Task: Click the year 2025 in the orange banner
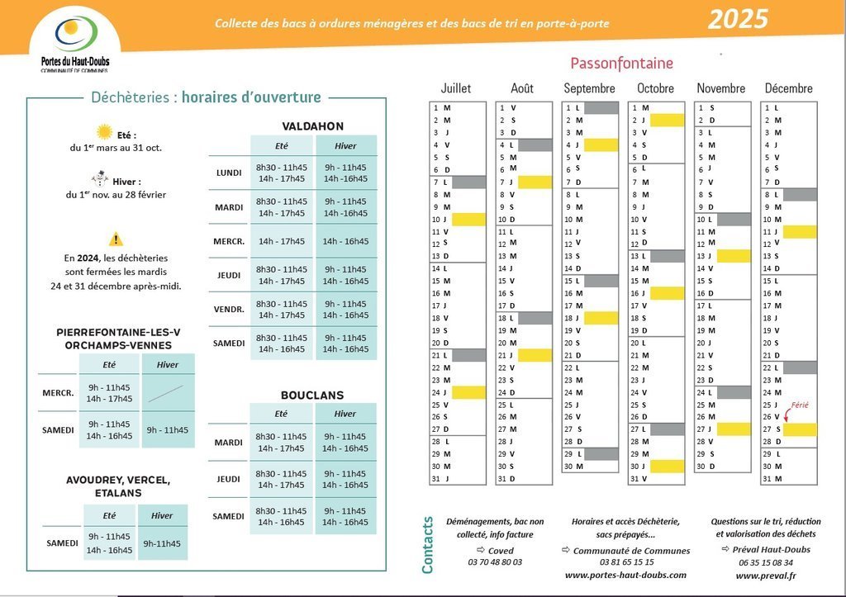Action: (x=738, y=19)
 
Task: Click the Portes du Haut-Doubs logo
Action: (x=75, y=40)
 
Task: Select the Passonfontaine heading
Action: (x=621, y=64)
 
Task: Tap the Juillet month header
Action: (x=455, y=88)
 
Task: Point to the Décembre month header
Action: (x=788, y=88)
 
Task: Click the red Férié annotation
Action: (x=800, y=405)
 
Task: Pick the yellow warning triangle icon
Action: (x=116, y=239)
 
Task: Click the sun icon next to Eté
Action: (x=104, y=132)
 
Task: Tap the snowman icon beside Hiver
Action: (x=100, y=179)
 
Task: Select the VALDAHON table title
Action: (x=312, y=126)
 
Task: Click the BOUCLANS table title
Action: (x=311, y=396)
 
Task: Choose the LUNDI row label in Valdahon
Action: (x=228, y=173)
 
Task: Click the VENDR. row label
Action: (x=229, y=310)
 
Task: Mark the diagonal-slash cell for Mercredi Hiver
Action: (x=167, y=393)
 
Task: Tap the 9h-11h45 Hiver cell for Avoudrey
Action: (x=161, y=543)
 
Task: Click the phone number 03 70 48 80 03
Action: (x=495, y=562)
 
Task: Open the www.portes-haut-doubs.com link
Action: (x=625, y=576)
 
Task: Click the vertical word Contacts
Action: (x=428, y=545)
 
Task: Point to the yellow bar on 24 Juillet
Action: (x=468, y=393)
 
